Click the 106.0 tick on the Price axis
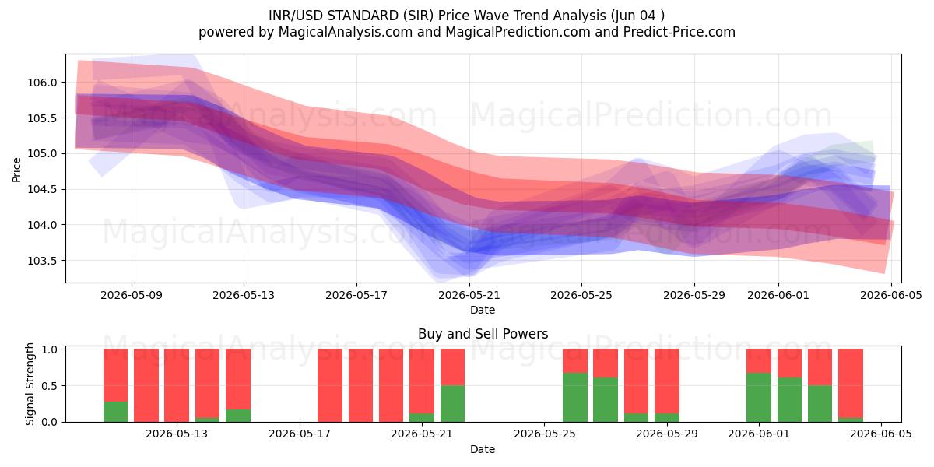(x=42, y=83)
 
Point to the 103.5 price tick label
(x=42, y=261)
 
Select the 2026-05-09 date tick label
(x=132, y=295)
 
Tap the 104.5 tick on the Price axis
(x=42, y=190)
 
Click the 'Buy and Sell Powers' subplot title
(x=483, y=334)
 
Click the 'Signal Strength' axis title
(x=30, y=384)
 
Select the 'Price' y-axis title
(x=16, y=170)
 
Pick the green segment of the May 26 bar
(x=575, y=398)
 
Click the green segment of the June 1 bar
(x=759, y=398)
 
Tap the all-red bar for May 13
(x=177, y=385)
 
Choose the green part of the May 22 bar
(x=452, y=404)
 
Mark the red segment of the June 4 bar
(x=851, y=383)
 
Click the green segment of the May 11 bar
(x=115, y=412)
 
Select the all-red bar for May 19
(x=360, y=385)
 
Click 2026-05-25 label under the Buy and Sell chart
(x=545, y=434)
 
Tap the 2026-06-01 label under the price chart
(x=778, y=295)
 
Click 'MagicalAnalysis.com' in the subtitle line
(x=346, y=32)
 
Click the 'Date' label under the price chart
(x=483, y=311)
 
